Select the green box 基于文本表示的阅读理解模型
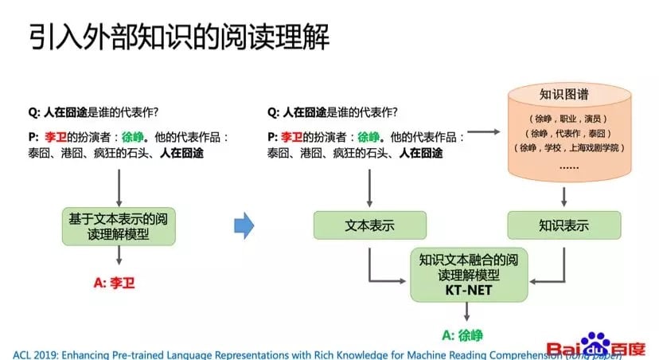click(x=118, y=225)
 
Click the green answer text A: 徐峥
click(x=462, y=335)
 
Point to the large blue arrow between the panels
click(x=244, y=226)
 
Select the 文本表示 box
click(x=369, y=225)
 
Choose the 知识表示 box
click(x=563, y=225)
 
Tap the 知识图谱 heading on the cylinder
click(x=564, y=94)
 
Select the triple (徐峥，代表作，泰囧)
click(x=564, y=133)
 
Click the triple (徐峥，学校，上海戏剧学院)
click(x=564, y=148)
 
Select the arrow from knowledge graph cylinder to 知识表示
click(x=564, y=198)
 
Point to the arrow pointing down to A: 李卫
click(x=118, y=256)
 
